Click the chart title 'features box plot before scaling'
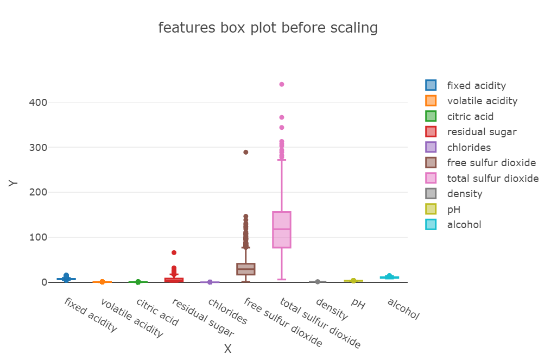coord(268,28)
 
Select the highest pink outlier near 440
coord(282,84)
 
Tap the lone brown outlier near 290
coord(246,152)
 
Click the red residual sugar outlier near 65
coord(174,252)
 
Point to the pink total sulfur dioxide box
coord(282,230)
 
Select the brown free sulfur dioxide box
coord(246,269)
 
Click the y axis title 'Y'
coord(14,183)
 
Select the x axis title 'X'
coord(228,349)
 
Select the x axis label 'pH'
coord(358,304)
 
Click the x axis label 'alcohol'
coord(403,308)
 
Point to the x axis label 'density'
coord(331,308)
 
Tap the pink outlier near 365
coord(282,117)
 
